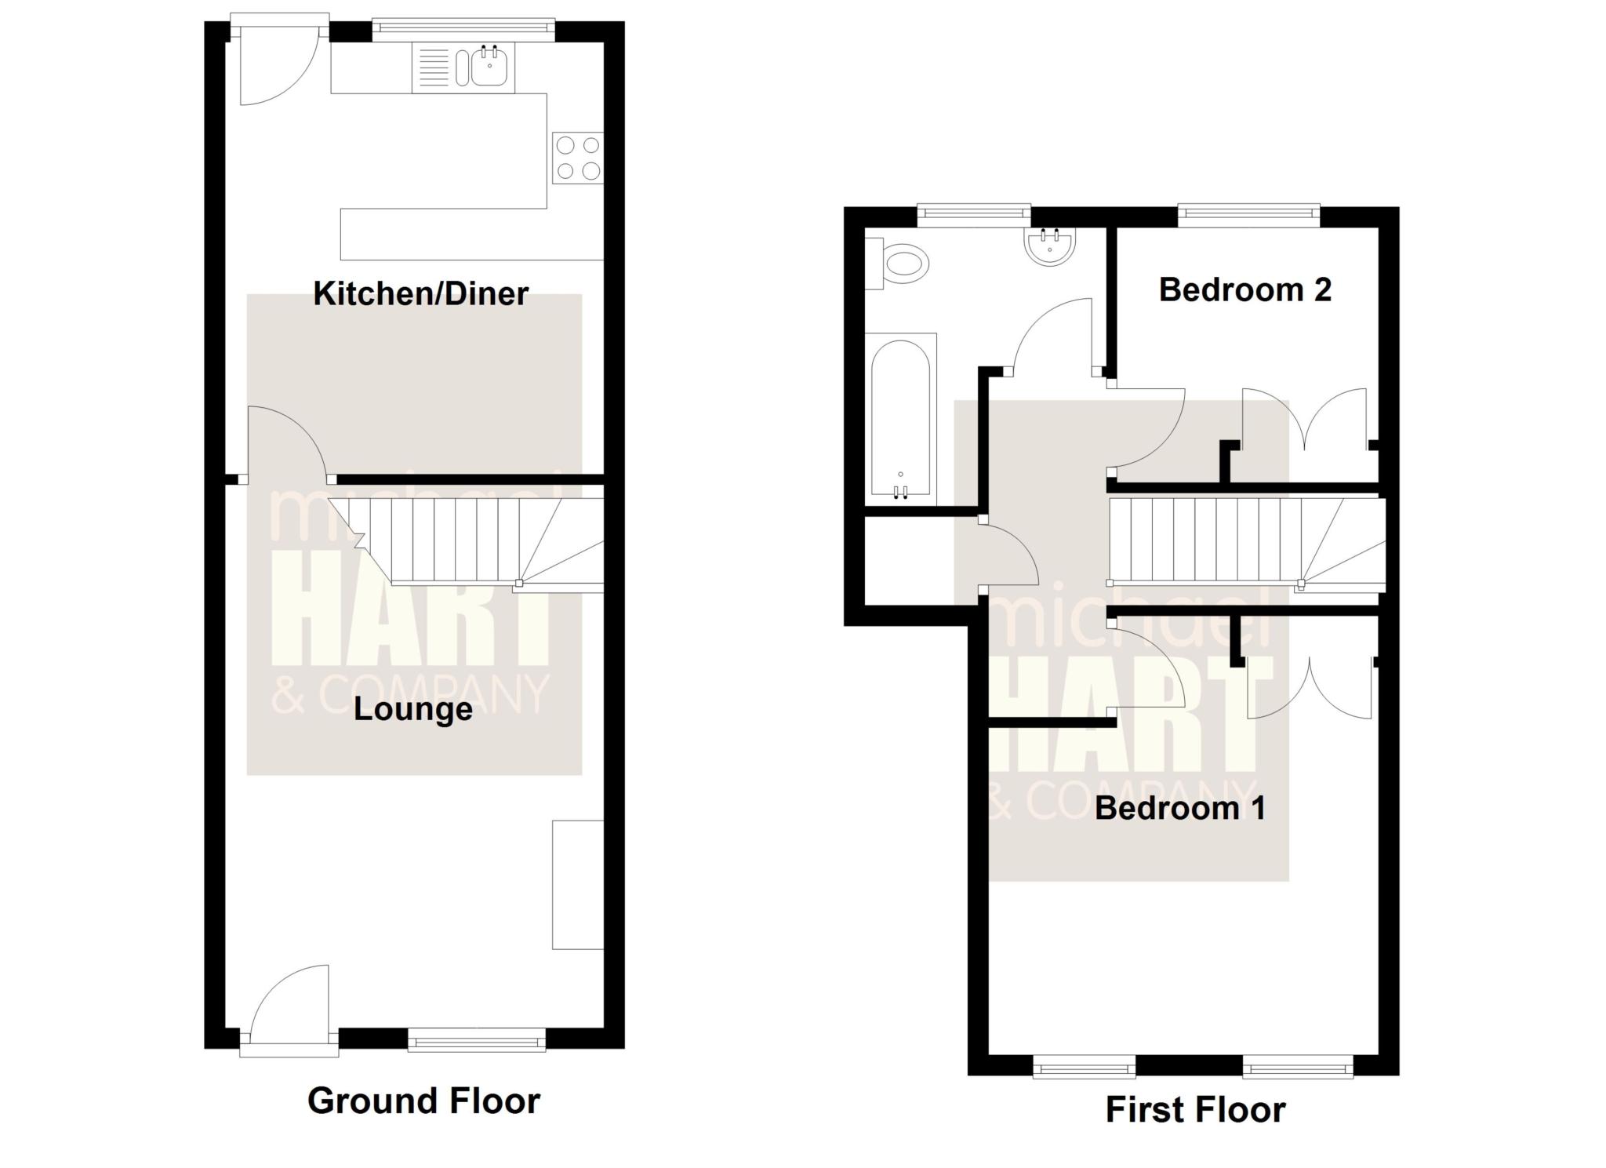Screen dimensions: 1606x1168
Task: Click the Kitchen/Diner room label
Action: [421, 294]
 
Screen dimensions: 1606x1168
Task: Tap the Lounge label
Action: [413, 709]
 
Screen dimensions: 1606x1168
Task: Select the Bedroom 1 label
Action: [1180, 808]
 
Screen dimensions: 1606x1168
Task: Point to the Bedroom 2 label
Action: [1245, 289]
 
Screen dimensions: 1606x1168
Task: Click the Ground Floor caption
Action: [423, 1101]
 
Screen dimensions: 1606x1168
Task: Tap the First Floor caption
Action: [1196, 1110]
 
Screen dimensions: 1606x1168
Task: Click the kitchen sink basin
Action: [490, 67]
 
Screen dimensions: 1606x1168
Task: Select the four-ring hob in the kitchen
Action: [578, 158]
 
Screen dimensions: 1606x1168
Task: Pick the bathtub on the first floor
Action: [901, 419]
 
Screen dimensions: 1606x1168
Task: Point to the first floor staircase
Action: [1247, 541]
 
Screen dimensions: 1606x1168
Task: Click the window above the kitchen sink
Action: [463, 30]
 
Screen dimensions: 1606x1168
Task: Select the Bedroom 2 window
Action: [1249, 214]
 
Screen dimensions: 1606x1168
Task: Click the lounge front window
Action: [477, 1039]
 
